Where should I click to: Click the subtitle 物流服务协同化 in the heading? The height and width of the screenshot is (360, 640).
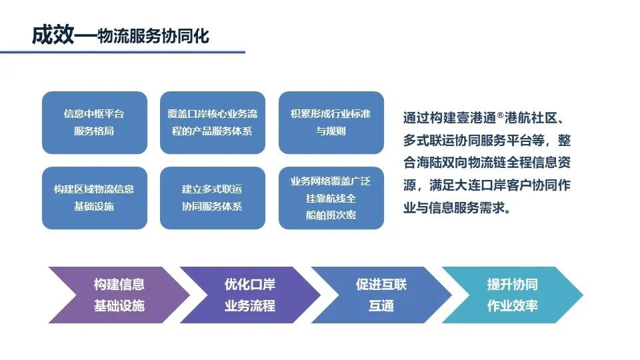tap(153, 36)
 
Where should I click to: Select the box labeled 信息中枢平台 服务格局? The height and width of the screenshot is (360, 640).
tap(94, 123)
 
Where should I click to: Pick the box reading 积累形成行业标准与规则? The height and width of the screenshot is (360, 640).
tap(331, 123)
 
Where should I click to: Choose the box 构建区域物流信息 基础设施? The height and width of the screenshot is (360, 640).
tap(94, 198)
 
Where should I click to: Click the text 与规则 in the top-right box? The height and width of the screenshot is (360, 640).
tap(331, 131)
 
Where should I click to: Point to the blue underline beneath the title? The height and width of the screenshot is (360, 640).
tap(123, 52)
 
